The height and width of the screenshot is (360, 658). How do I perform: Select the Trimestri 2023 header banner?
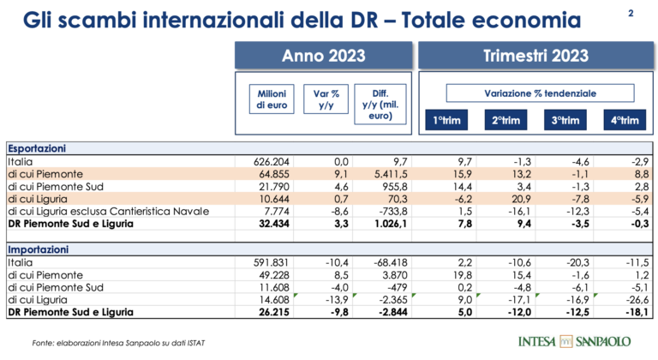(x=535, y=57)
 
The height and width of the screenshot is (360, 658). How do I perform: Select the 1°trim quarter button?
(x=446, y=121)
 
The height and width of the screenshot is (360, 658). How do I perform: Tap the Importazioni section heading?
(x=39, y=249)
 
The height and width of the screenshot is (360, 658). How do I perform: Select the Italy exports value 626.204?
(x=275, y=161)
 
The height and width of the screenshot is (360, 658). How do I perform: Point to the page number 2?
(x=631, y=12)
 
